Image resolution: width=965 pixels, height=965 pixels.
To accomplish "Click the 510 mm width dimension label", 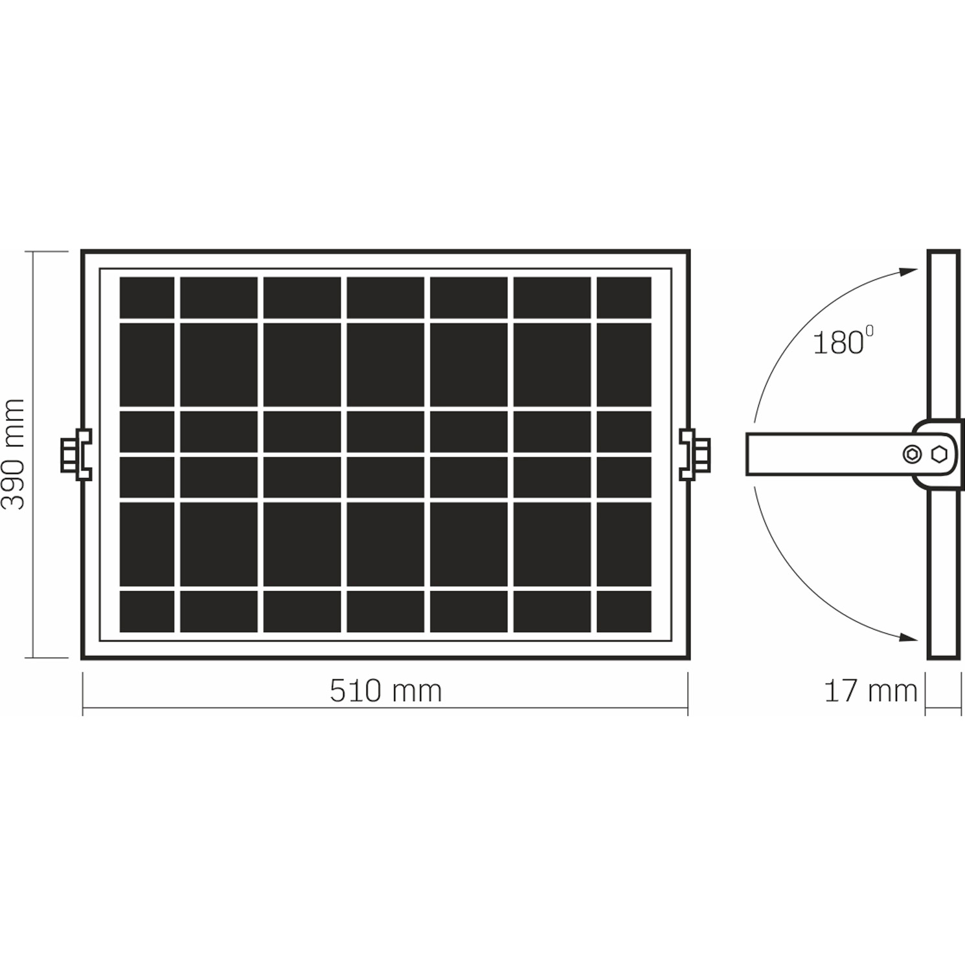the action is click(x=385, y=691).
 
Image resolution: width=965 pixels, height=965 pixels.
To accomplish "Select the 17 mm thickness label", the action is click(x=870, y=691).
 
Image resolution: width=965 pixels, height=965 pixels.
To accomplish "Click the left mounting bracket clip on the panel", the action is click(x=76, y=454).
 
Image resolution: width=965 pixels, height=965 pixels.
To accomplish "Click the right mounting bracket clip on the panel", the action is click(x=695, y=454).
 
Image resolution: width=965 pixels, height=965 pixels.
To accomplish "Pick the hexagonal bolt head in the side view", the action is click(x=938, y=454).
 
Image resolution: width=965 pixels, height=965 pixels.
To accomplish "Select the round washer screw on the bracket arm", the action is click(x=912, y=454).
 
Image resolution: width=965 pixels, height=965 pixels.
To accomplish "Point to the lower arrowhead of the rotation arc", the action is click(x=909, y=637).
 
